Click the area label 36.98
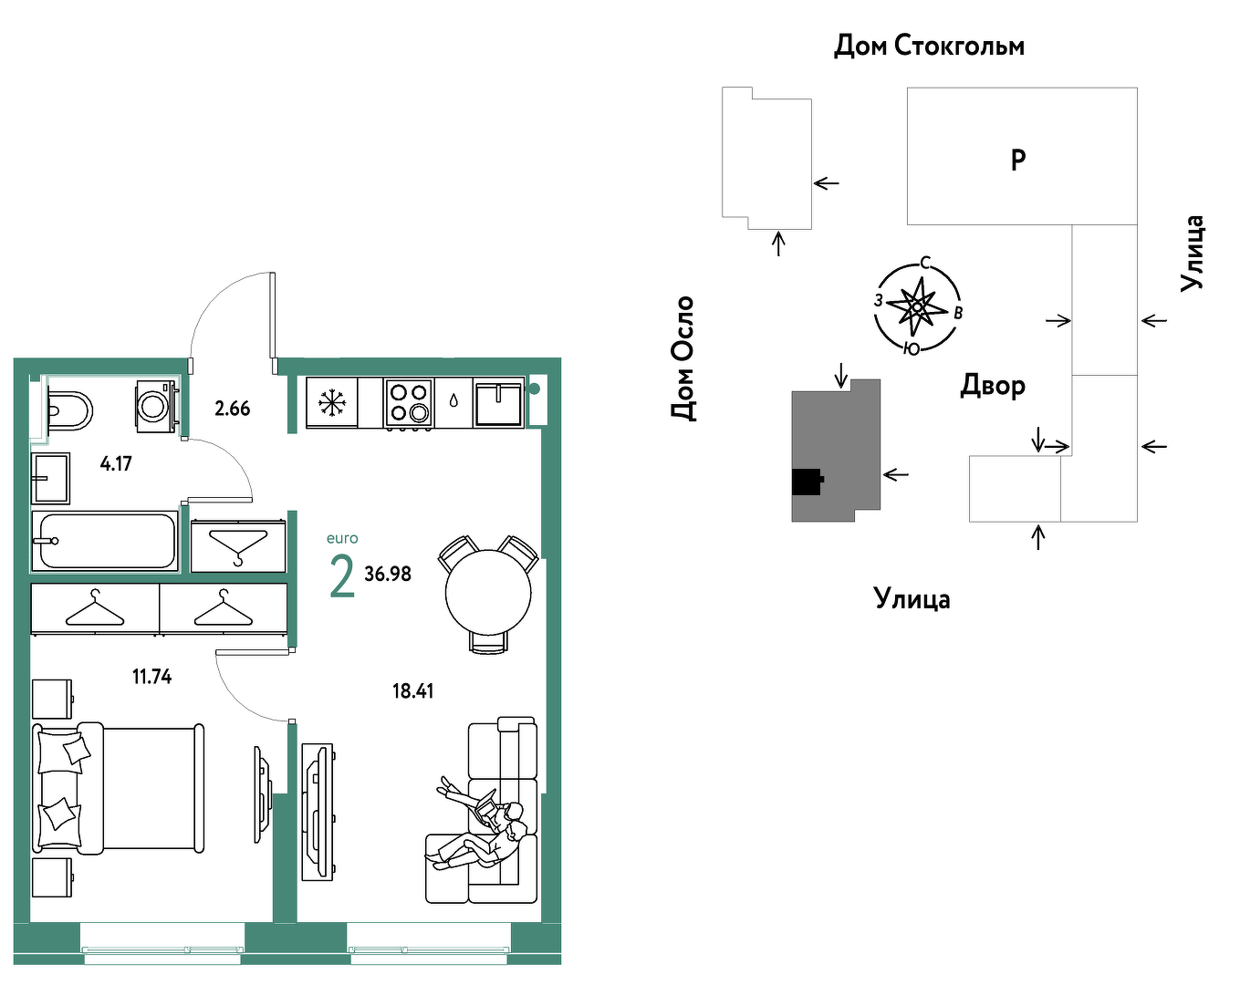[388, 574]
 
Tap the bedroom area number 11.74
[151, 677]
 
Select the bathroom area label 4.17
[116, 463]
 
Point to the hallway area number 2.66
[232, 409]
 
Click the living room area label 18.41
[412, 691]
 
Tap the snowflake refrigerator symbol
[332, 402]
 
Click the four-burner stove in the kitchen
[408, 402]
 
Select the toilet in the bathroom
[68, 411]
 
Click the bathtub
[106, 541]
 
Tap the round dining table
[488, 593]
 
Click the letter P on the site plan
[1018, 160]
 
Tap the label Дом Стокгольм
[929, 46]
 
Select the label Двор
[993, 386]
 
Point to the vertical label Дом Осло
[683, 358]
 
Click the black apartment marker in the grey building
[807, 481]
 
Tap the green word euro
[342, 539]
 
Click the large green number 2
[342, 576]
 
